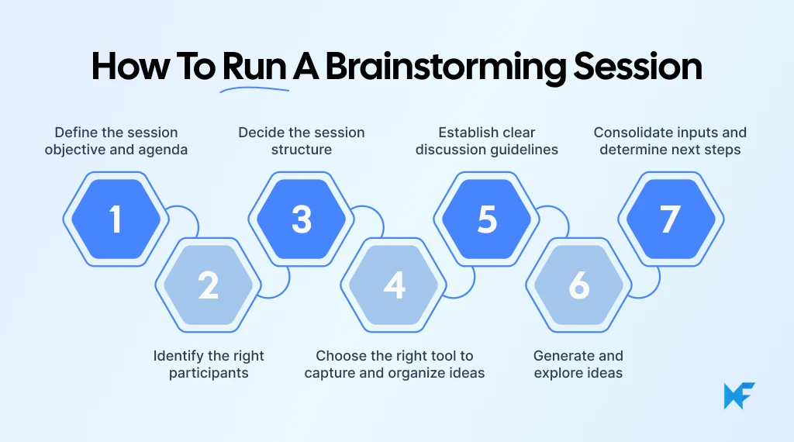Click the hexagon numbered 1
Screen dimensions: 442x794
(x=116, y=219)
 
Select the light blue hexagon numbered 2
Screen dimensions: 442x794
(x=208, y=285)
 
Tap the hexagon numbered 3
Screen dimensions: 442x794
(x=302, y=219)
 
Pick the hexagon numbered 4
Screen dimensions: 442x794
(x=394, y=285)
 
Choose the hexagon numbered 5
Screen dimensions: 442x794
(x=486, y=219)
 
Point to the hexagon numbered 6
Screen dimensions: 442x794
(x=578, y=285)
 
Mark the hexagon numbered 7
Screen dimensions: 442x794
(x=670, y=219)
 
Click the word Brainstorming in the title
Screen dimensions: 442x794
(x=445, y=67)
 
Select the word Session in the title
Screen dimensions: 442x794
(x=637, y=67)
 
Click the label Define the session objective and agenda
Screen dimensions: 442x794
(x=116, y=141)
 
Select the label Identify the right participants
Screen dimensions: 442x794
(x=209, y=364)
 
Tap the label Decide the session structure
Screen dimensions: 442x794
(x=302, y=141)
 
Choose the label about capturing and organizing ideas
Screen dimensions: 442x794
(x=395, y=364)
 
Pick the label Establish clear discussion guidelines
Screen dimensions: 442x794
(x=487, y=141)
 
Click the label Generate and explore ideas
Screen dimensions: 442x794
(x=578, y=364)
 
